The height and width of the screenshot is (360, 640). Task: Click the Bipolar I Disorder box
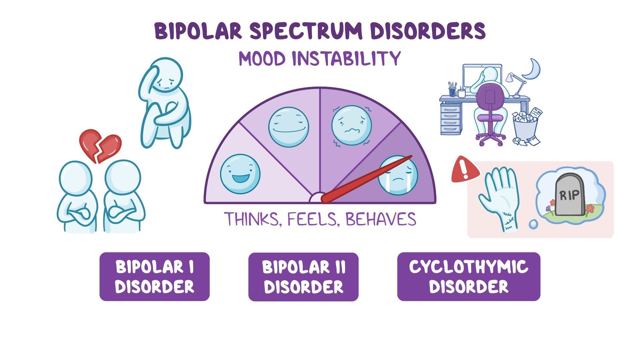coord(154,277)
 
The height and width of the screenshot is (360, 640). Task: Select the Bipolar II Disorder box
coord(303,277)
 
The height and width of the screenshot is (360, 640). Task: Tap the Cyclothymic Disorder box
coord(469,277)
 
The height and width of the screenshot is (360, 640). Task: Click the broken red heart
coord(100,146)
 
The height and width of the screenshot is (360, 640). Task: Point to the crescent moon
coord(533,69)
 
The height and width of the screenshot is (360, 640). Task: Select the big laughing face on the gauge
coord(240,174)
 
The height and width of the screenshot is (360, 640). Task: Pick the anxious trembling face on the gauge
coord(351,125)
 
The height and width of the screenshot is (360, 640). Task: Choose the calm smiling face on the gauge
coord(289,127)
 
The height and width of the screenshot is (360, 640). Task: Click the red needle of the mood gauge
coord(367,179)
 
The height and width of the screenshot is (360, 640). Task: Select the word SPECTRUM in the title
coord(306,31)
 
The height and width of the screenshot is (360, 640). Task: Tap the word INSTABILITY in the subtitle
coord(346,59)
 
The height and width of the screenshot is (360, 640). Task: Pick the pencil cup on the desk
coord(452,89)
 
